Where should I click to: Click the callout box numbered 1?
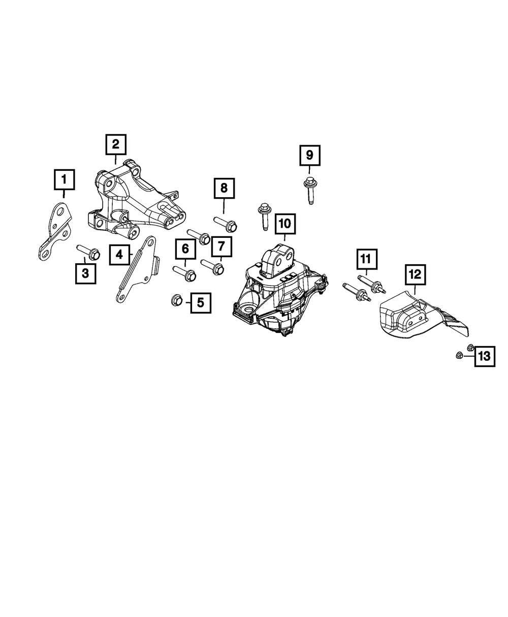point(64,179)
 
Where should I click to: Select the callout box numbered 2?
point(116,144)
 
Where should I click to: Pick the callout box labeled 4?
point(119,254)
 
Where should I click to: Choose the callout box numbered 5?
point(200,303)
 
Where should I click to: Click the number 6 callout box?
point(185,249)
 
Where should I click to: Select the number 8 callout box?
point(224,189)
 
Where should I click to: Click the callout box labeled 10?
point(284,223)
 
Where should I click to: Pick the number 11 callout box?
point(366,259)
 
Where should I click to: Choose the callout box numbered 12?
point(415,274)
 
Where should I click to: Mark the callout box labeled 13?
point(485,356)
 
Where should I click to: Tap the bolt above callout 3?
point(87,251)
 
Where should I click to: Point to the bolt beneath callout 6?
point(185,273)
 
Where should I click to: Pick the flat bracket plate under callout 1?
point(56,229)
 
